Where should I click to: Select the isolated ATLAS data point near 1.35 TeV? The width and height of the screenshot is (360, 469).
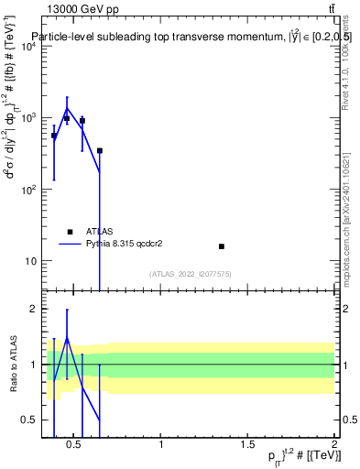[x=222, y=246]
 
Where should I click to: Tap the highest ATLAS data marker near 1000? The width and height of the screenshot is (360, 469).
[x=67, y=118]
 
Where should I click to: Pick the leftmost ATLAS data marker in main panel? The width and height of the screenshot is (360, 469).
[x=54, y=136]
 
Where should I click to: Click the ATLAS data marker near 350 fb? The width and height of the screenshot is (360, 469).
[x=99, y=150]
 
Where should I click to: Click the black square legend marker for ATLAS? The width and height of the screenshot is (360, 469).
[x=70, y=233]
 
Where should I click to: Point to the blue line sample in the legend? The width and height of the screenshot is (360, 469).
[x=70, y=245]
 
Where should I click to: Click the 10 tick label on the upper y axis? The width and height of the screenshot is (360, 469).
[x=30, y=261]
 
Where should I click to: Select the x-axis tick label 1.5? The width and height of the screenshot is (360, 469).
[x=247, y=446]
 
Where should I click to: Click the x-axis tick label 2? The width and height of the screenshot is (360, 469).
[x=334, y=446]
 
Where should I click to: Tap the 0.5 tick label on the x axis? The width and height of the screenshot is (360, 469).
[x=74, y=446]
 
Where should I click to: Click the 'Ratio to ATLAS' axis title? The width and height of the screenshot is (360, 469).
[x=12, y=364]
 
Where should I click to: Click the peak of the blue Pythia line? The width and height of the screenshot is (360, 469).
[x=67, y=108]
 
